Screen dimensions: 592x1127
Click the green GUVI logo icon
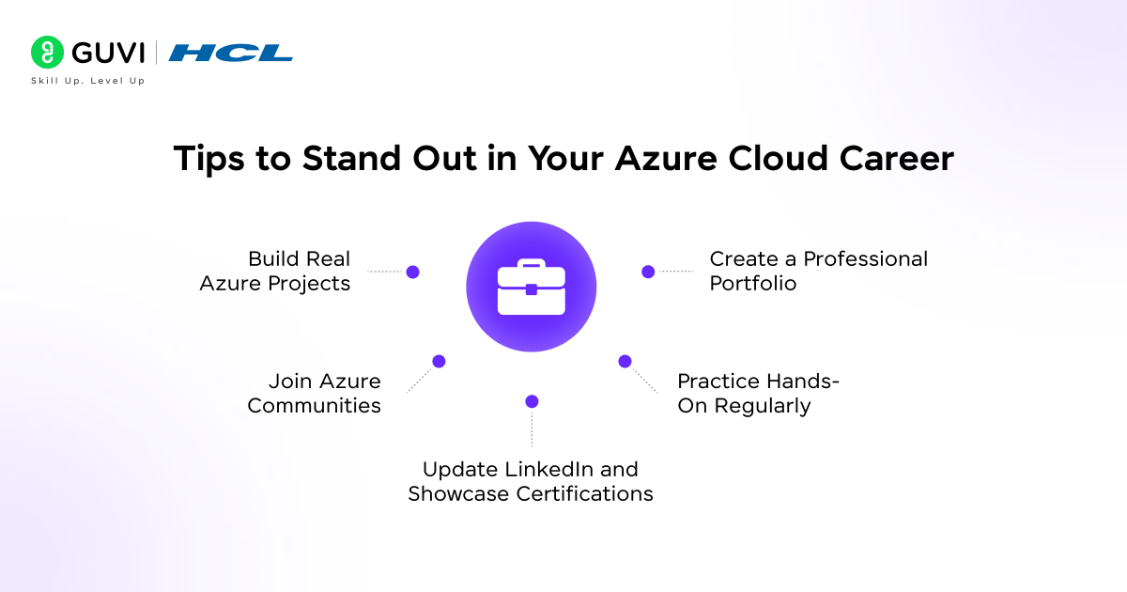click(x=46, y=53)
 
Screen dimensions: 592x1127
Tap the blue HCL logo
click(x=231, y=53)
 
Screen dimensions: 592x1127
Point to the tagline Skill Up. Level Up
click(x=88, y=81)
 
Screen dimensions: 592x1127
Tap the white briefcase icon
click(x=532, y=288)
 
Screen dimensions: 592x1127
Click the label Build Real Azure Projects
click(x=275, y=271)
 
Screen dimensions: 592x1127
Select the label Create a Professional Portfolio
click(x=818, y=271)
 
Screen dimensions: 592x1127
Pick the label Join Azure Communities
click(x=315, y=394)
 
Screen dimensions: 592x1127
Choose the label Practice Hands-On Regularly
click(x=758, y=394)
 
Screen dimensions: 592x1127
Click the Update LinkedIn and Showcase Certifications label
click(x=531, y=481)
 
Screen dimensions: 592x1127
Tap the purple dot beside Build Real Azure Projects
click(x=412, y=272)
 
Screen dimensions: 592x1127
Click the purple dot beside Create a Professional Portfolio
click(x=648, y=272)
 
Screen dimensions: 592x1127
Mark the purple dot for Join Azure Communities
click(x=439, y=361)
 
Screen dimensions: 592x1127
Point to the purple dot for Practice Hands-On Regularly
click(x=625, y=361)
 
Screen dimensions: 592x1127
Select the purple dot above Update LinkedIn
click(x=532, y=401)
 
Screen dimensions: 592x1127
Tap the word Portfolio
click(x=753, y=283)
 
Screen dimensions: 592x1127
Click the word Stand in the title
click(x=362, y=159)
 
